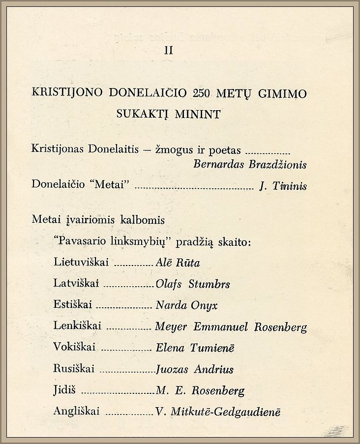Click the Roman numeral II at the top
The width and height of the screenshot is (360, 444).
[168, 50]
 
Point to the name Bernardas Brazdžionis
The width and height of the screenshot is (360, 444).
[250, 165]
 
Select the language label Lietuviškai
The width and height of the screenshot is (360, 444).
[81, 263]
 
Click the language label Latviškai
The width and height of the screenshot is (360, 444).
[77, 284]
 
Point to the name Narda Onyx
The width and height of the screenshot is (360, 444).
[186, 306]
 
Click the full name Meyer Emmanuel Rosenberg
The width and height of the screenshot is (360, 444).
[231, 327]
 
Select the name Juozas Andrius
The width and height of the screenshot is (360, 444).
[194, 369]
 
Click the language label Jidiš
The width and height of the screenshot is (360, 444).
[64, 391]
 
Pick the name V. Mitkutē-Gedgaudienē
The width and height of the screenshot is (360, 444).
[218, 413]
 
